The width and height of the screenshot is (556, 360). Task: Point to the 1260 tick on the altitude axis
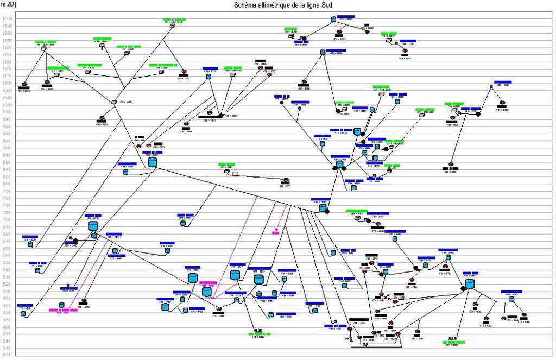tap(8, 19)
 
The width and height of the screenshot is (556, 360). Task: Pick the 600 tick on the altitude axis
tap(8, 255)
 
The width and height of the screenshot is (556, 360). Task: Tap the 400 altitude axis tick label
tap(8, 327)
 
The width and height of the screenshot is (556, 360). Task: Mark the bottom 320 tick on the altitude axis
tap(8, 356)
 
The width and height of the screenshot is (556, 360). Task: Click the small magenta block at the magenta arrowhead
tap(275, 233)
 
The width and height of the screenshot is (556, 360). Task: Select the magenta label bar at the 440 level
tap(63, 310)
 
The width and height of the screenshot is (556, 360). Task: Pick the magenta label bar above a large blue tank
tap(208, 283)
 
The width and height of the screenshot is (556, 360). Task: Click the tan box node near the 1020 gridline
tap(114, 102)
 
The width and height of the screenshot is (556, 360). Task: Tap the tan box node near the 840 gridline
tap(236, 173)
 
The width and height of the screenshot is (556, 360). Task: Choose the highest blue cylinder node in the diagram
tap(334, 20)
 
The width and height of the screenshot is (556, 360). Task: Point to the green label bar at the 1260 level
tap(174, 20)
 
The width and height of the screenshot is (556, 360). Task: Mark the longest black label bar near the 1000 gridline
tap(207, 117)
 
